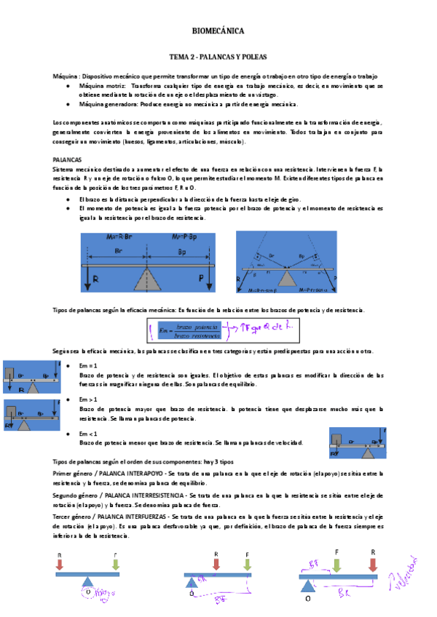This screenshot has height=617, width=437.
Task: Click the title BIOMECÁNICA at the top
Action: click(218, 31)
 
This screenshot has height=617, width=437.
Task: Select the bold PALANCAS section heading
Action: click(68, 159)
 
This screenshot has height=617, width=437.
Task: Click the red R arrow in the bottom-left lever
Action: click(60, 564)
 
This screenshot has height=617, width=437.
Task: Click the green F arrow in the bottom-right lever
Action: click(336, 565)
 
